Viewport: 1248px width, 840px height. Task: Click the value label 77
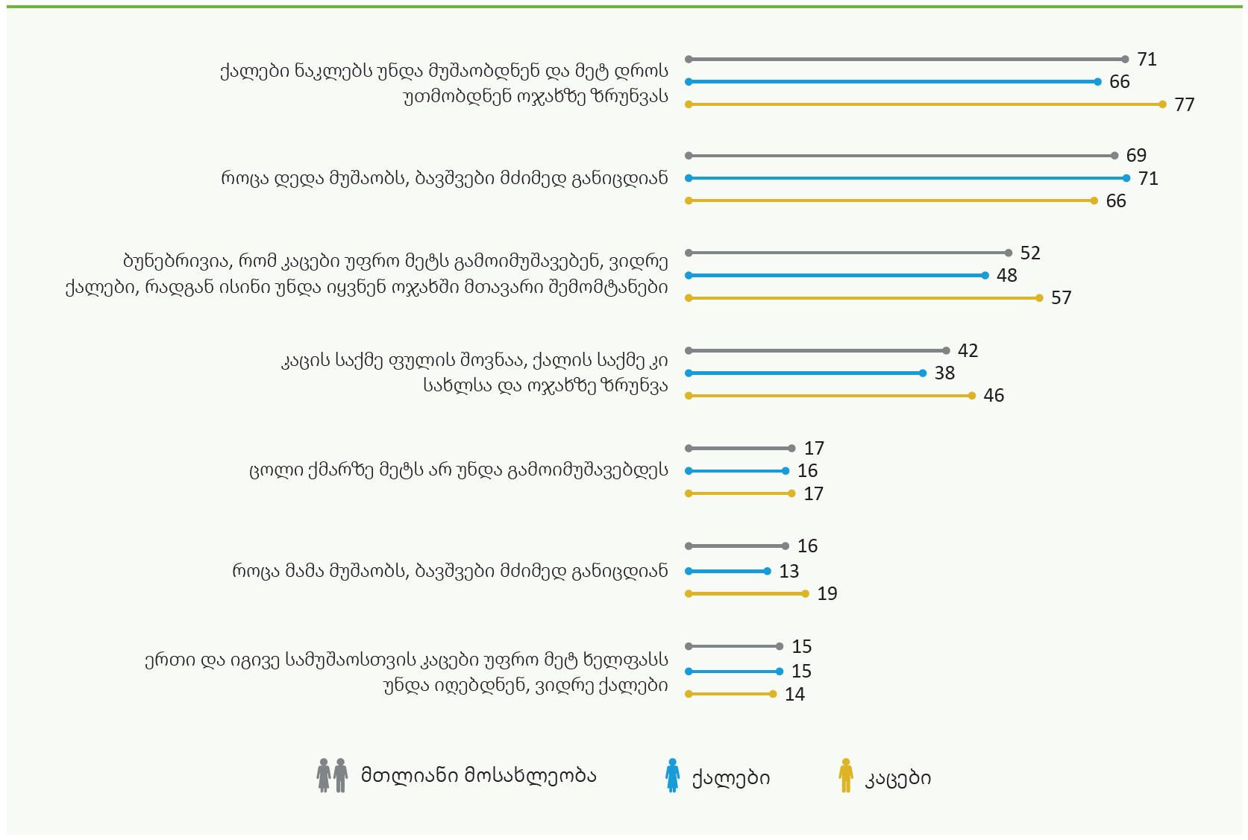coord(1184,104)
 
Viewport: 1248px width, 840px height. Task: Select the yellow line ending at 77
coord(926,104)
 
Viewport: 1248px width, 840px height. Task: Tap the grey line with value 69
coord(901,156)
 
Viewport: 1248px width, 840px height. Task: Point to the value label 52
coord(1030,253)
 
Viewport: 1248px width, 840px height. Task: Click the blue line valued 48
coord(837,276)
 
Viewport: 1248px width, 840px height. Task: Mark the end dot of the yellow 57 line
coord(1039,298)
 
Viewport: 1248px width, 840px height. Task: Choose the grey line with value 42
coord(818,351)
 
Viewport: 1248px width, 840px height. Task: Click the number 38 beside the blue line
coord(944,373)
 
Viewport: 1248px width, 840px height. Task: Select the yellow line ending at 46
coord(830,396)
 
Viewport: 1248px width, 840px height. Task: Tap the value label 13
coord(789,571)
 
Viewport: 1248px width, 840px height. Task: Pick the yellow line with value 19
coord(747,594)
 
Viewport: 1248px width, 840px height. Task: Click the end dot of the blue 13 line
coord(767,571)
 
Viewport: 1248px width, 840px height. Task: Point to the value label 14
coord(794,694)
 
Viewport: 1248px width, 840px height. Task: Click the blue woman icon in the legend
coord(672,775)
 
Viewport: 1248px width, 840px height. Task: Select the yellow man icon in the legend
coord(846,775)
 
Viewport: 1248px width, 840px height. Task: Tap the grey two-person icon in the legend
coord(332,775)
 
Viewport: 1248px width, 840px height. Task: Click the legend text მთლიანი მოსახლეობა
coord(479,775)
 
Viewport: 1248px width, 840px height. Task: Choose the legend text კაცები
coord(897,777)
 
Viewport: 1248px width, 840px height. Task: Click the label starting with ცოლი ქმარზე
coord(459,470)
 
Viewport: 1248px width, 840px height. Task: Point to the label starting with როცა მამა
coord(450,571)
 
